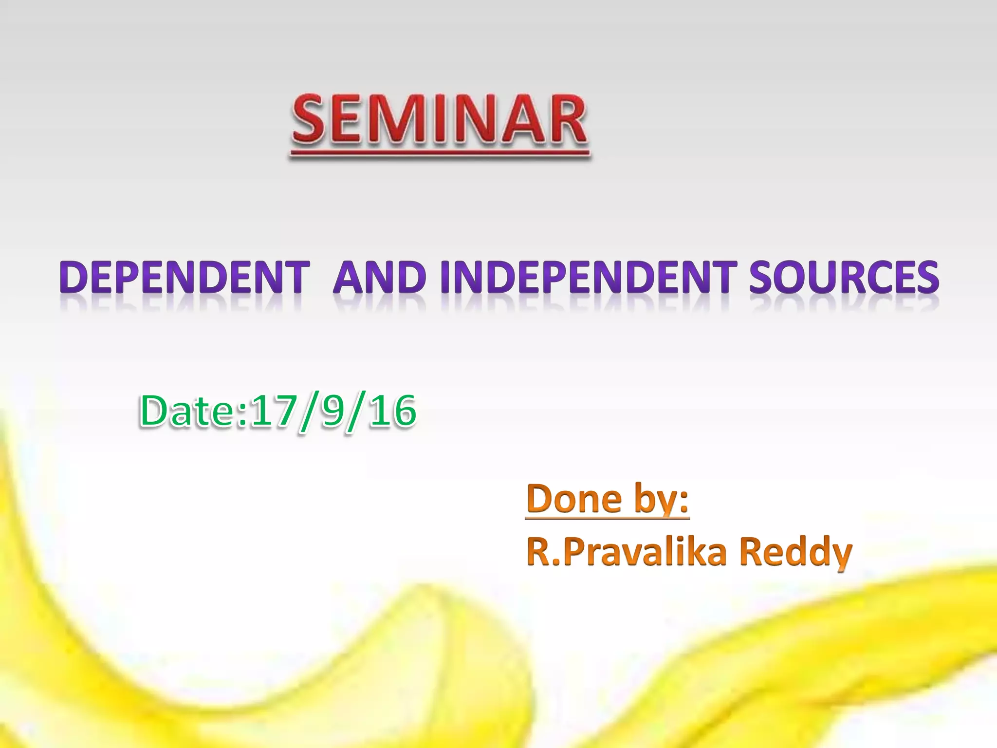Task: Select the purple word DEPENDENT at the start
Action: [x=185, y=277]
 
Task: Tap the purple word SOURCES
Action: [x=844, y=277]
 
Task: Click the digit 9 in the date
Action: [x=333, y=411]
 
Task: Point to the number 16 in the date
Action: [x=392, y=411]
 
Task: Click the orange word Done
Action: [x=574, y=499]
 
